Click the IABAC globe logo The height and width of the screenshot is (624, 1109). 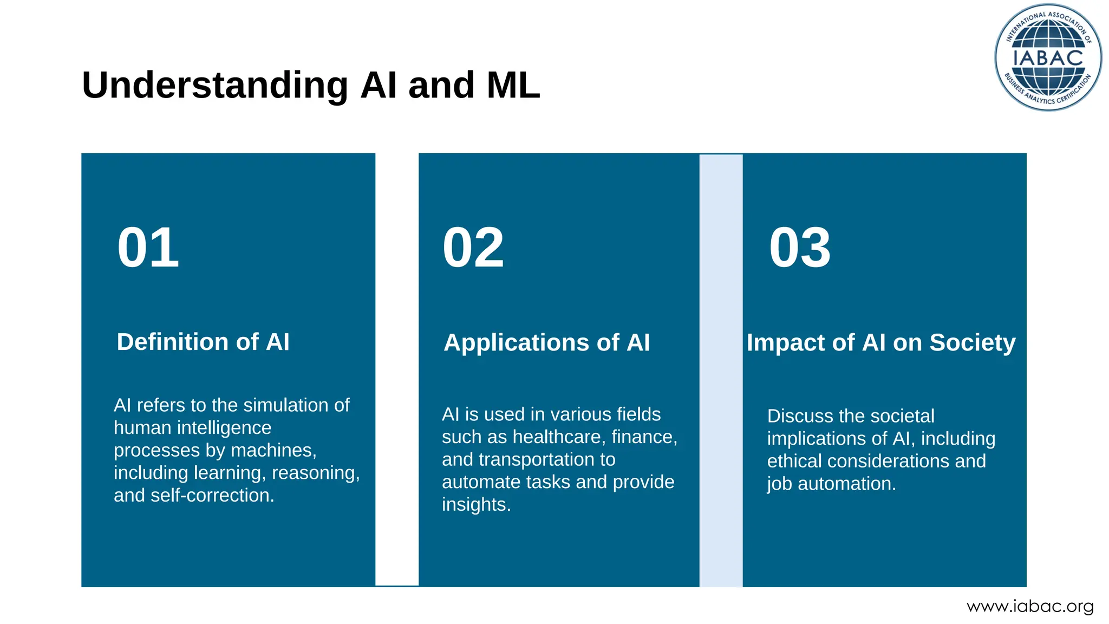1048,57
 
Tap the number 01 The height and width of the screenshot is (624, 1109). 148,248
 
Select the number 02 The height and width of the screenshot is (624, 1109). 473,248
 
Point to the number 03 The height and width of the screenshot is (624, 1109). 800,248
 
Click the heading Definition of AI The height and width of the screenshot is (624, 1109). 203,342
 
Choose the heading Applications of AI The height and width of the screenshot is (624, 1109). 546,342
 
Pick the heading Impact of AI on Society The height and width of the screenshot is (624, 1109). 881,342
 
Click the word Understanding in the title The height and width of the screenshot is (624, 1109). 215,85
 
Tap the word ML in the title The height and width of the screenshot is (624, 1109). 513,85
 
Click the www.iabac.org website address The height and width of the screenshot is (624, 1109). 1030,606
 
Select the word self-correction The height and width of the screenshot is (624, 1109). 212,495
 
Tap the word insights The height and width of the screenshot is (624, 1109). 476,504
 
